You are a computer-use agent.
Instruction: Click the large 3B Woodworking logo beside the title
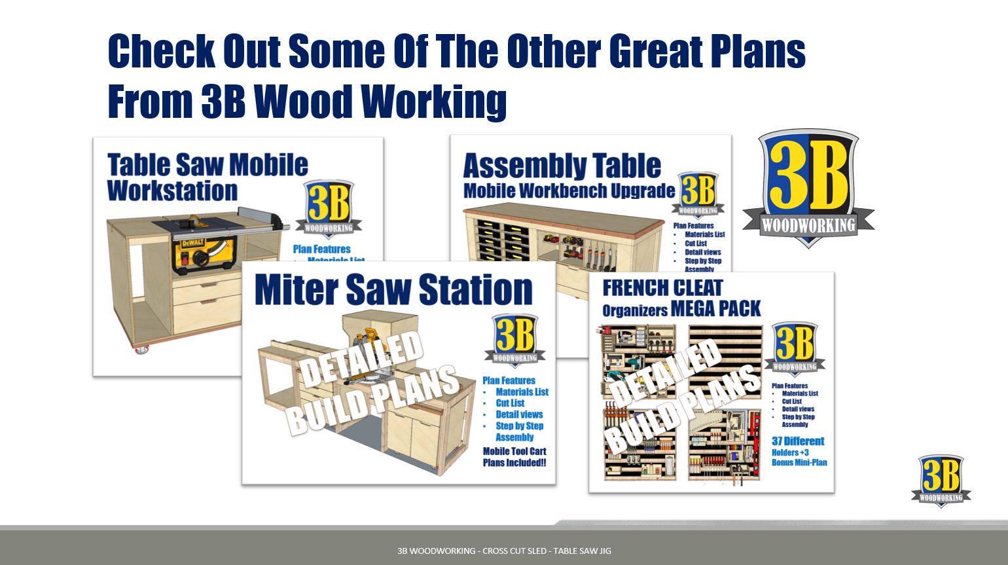click(x=808, y=187)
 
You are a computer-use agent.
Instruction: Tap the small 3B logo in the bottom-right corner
click(x=941, y=481)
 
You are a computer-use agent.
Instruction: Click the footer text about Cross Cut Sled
click(x=504, y=551)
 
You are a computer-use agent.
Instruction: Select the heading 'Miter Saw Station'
click(x=393, y=290)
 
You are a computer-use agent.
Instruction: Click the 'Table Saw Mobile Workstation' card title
click(x=207, y=177)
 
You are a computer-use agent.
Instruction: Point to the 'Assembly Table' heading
click(x=562, y=166)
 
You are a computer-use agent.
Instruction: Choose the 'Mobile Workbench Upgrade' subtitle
click(x=569, y=191)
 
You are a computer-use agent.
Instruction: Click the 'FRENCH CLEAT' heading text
click(x=662, y=288)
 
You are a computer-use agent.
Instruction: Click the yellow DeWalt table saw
click(x=203, y=252)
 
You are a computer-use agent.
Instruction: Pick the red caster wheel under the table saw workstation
click(x=141, y=350)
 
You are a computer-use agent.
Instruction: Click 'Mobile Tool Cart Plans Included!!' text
click(x=514, y=457)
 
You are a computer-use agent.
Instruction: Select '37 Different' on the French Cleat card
click(x=798, y=441)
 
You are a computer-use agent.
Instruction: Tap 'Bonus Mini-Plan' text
click(x=799, y=462)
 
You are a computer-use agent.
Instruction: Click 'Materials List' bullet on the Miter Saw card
click(x=522, y=392)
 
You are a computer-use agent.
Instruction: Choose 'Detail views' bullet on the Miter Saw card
click(x=519, y=414)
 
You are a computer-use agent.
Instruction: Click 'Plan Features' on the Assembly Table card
click(x=693, y=225)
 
